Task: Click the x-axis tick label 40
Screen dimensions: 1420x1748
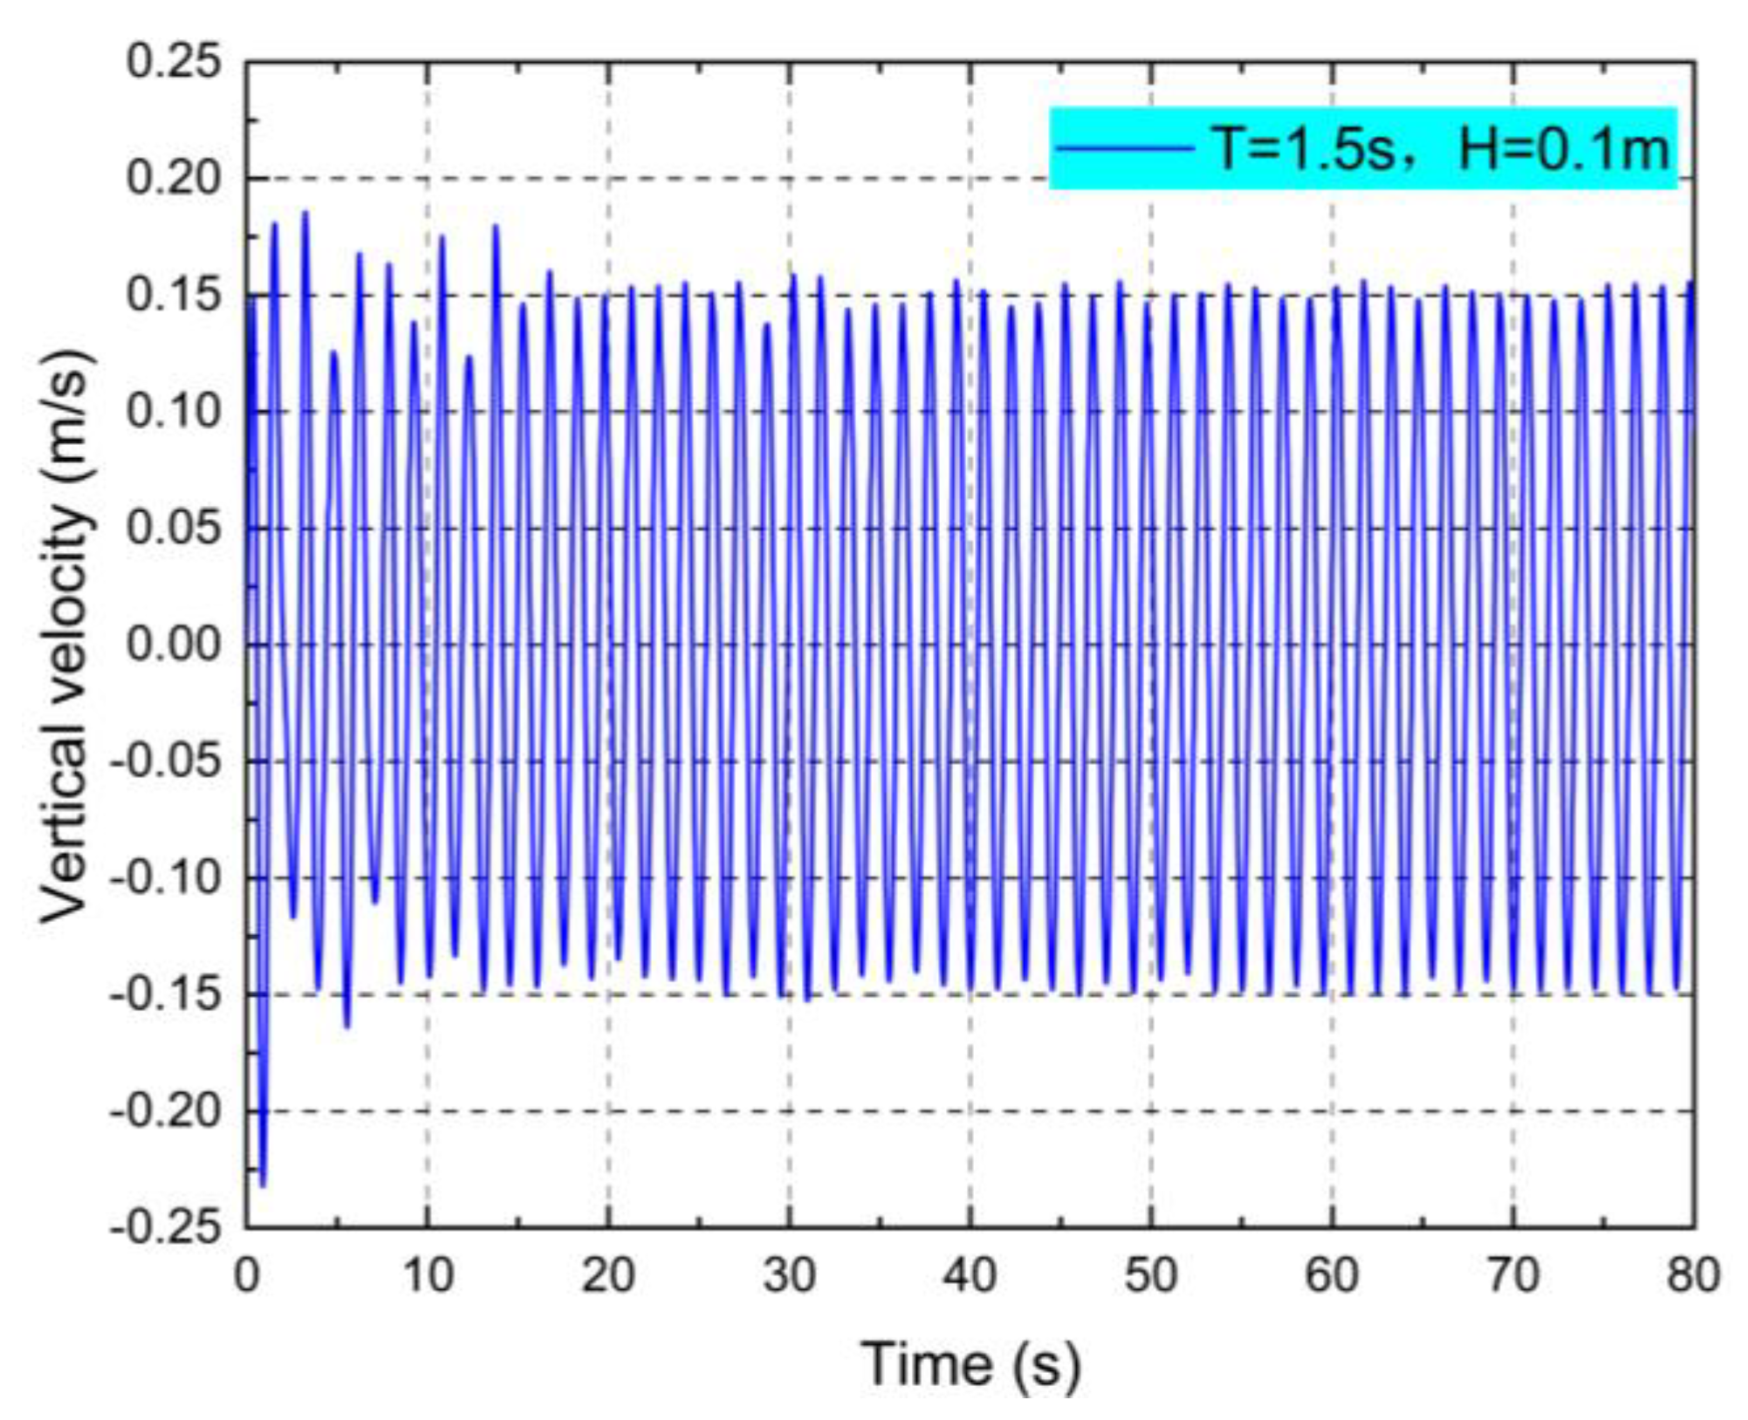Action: (970, 1276)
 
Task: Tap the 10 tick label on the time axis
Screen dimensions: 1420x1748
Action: (428, 1276)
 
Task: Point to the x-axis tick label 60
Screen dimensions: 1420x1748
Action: (1332, 1276)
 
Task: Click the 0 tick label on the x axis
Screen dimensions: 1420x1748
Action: (247, 1276)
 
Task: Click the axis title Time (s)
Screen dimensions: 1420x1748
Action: (970, 1364)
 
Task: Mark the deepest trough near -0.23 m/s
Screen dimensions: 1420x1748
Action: (263, 1184)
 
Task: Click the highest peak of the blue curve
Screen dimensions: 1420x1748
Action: (305, 212)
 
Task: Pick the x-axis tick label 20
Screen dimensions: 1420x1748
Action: (608, 1276)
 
